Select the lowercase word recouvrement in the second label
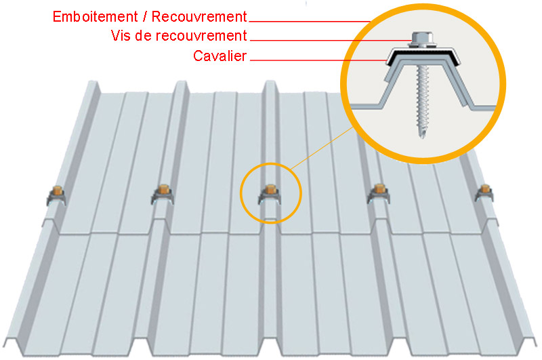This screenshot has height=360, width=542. click(x=201, y=36)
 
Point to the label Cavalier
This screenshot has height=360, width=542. click(x=220, y=56)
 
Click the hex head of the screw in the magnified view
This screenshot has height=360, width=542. click(x=421, y=38)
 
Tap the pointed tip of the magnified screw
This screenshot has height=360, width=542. click(x=422, y=136)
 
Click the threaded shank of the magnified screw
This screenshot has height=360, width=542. click(x=421, y=95)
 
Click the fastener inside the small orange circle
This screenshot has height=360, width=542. click(x=270, y=195)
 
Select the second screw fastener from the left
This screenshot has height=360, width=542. click(x=162, y=195)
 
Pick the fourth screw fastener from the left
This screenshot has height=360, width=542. click(x=377, y=195)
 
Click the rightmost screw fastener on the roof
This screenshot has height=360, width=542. click(x=484, y=193)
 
